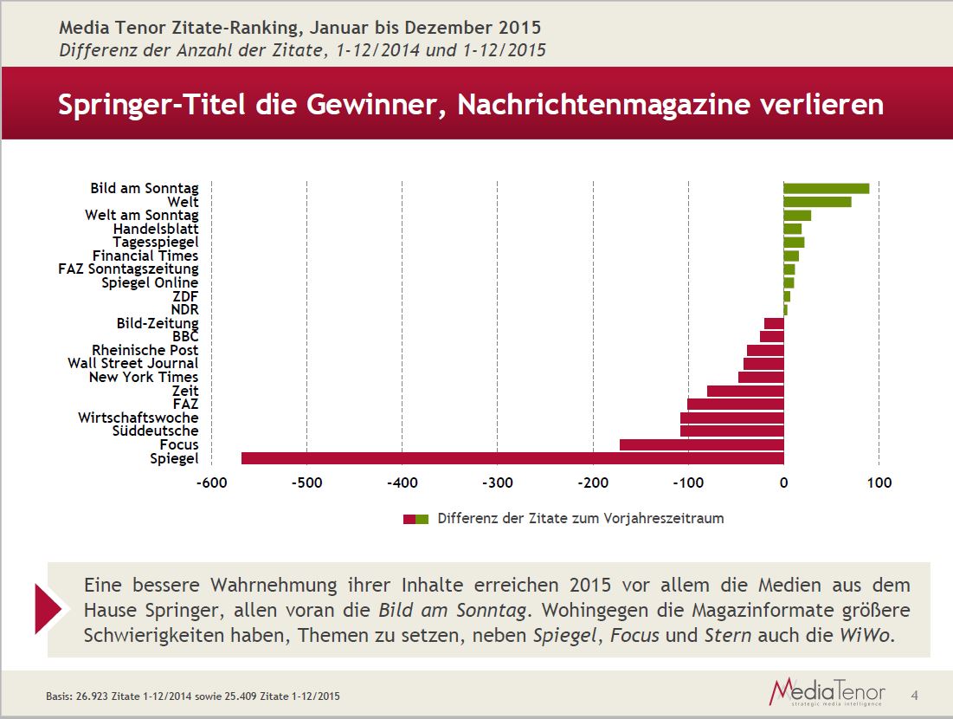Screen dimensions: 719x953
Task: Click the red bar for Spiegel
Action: pos(512,458)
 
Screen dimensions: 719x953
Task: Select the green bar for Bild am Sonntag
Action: pos(826,188)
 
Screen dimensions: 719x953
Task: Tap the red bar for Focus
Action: pos(701,444)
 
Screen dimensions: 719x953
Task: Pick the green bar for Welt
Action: pos(817,202)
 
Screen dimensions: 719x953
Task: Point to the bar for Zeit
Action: pos(745,391)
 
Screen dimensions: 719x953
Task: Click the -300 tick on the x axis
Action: pos(497,483)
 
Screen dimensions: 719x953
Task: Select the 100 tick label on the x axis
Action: pos(879,483)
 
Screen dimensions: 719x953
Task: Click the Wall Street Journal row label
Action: pos(133,364)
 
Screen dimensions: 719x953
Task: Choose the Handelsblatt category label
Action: pos(156,229)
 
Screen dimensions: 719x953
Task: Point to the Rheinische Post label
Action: pos(145,350)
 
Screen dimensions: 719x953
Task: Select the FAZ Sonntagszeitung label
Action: pos(128,269)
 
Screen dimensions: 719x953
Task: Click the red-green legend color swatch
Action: pos(415,519)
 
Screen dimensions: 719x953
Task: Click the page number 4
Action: pos(915,695)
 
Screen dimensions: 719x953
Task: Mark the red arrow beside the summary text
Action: pos(51,608)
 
